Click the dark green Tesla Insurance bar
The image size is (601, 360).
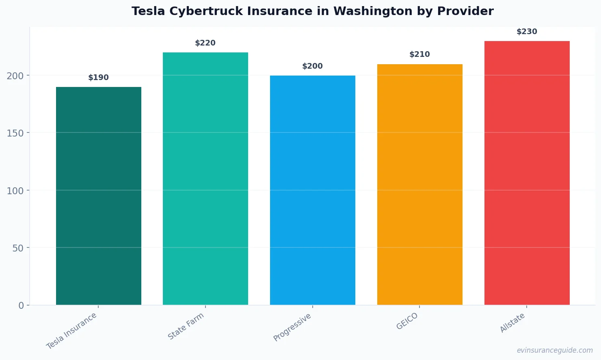[98, 196]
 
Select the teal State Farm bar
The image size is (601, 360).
[205, 179]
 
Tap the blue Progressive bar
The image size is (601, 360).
[312, 190]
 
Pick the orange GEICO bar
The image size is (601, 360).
[419, 184]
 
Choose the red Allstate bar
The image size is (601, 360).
[527, 173]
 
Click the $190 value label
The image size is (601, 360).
[98, 78]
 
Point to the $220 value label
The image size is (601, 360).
[205, 43]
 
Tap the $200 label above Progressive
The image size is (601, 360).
[312, 66]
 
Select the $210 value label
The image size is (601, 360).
[419, 54]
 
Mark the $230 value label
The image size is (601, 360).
[527, 32]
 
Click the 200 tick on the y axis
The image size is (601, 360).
[15, 76]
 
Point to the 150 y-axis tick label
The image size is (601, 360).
[15, 133]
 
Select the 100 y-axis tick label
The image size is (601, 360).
[15, 191]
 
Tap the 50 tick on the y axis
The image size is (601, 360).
[18, 248]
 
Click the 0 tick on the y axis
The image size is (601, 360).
[21, 306]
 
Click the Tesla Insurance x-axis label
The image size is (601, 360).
[72, 331]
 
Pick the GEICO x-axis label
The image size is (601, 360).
[407, 321]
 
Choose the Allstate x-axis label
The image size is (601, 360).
[512, 323]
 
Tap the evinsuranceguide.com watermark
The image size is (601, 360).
[554, 350]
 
